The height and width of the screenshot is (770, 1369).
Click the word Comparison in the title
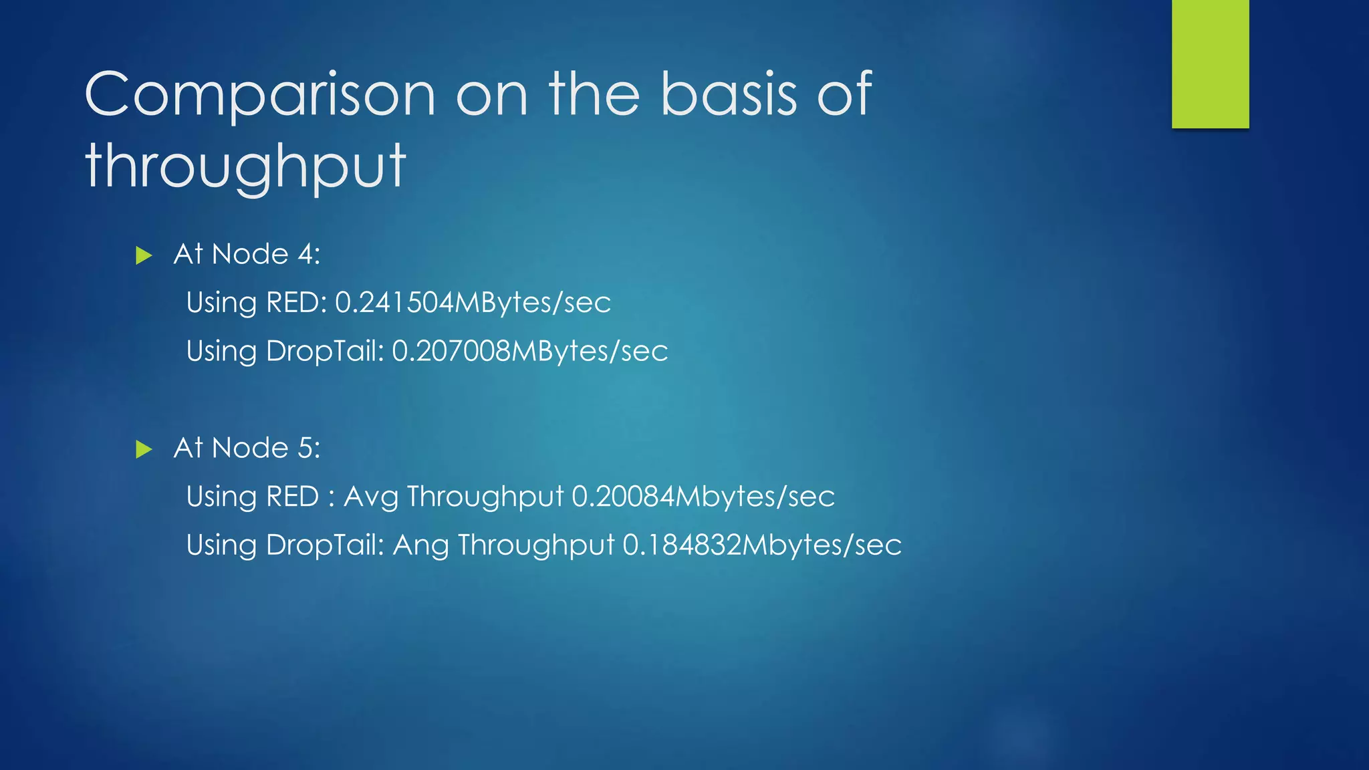[260, 95]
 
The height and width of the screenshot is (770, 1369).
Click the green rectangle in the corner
[1210, 63]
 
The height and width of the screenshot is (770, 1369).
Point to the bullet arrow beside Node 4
[144, 255]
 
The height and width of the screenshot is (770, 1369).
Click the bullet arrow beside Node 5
[144, 449]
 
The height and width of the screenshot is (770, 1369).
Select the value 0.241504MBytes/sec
[473, 303]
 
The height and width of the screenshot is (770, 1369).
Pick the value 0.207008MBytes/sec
[529, 352]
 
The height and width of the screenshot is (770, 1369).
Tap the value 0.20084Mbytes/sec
[703, 497]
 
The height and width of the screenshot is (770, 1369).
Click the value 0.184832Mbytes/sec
[762, 545]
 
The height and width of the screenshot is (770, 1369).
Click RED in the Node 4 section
[292, 303]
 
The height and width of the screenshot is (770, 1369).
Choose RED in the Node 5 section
[292, 497]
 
